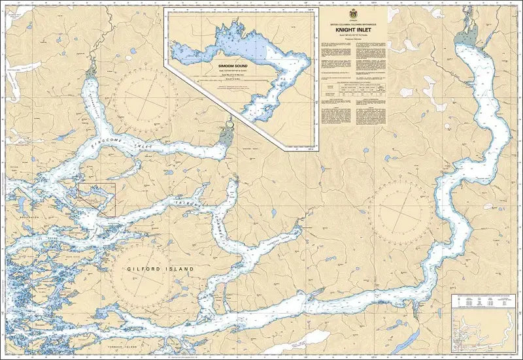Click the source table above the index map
tap(484, 302)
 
